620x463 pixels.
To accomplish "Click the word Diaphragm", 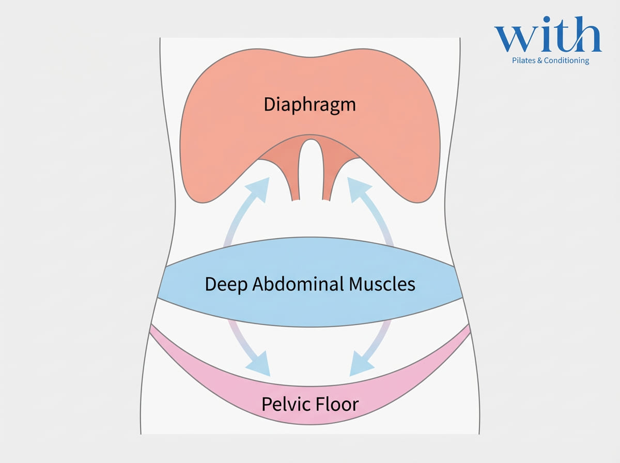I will coord(309,105).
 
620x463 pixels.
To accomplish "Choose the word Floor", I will coord(336,404).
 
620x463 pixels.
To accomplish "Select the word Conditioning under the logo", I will coord(567,61).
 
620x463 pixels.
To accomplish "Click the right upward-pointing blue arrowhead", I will coord(358,187).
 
